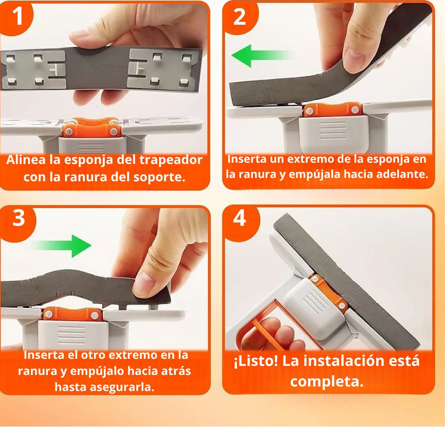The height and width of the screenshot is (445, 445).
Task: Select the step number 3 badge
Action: [x=19, y=219]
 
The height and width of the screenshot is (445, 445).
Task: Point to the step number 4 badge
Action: [x=240, y=218]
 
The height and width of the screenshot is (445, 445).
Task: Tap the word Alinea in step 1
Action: [x=26, y=160]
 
